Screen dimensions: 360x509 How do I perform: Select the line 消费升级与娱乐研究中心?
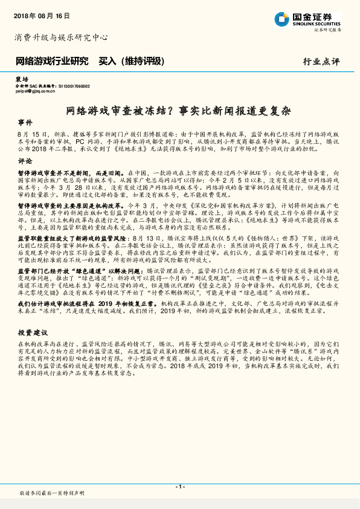point(61,37)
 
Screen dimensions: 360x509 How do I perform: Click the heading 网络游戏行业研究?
point(52,61)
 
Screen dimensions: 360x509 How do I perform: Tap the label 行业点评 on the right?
point(322,62)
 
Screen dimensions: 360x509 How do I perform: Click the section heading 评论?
point(25,162)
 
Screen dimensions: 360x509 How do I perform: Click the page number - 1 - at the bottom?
point(180,487)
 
